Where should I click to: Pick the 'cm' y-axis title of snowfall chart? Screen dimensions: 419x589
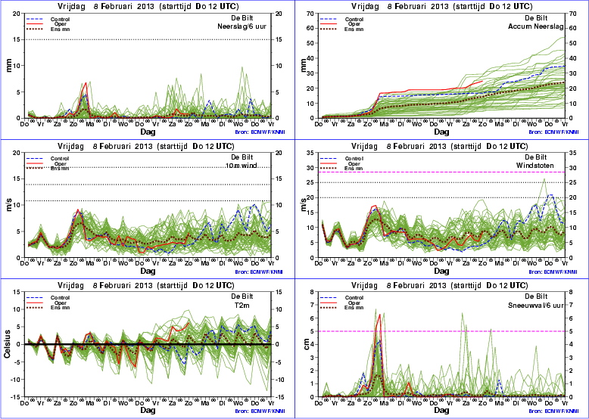306,345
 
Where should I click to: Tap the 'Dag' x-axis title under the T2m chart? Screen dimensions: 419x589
148,409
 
